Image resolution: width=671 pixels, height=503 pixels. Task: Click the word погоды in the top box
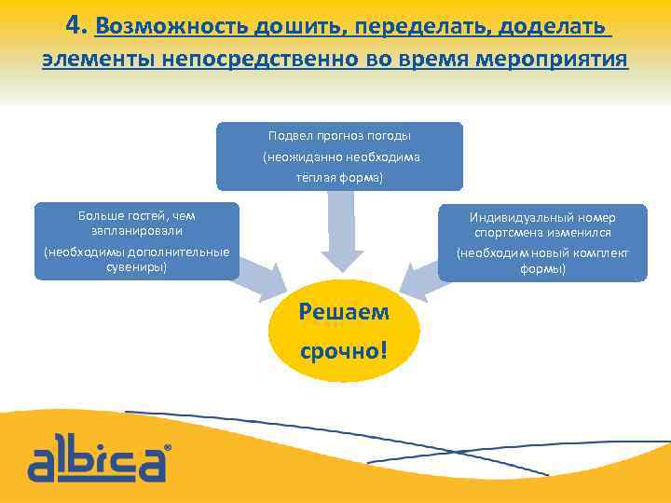390,136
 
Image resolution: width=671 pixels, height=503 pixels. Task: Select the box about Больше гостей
137,241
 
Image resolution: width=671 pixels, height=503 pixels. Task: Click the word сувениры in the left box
137,267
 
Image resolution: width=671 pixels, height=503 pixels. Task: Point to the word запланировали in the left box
137,230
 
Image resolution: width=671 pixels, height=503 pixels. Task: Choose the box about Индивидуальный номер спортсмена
542,242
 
